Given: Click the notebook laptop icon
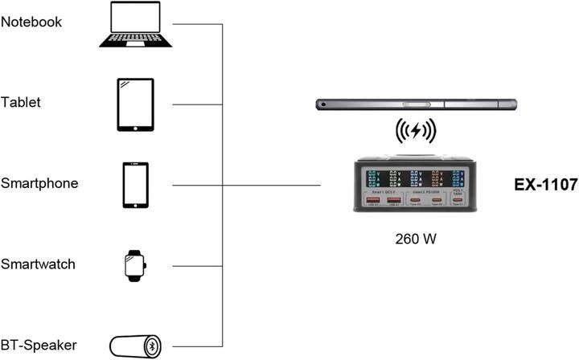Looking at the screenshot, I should pos(135,24).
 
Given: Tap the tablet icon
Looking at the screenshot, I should pos(135,104).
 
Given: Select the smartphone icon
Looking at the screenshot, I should pos(135,185).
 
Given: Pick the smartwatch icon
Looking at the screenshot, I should pos(135,265).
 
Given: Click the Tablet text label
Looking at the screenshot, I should pos(21,103).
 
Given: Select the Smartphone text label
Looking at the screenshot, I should pos(39,183).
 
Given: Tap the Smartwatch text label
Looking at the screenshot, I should pos(39,264).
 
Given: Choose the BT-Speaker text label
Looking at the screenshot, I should pos(39,345).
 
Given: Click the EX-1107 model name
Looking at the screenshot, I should pos(545,186).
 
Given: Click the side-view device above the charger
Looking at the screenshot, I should pos(416,104).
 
